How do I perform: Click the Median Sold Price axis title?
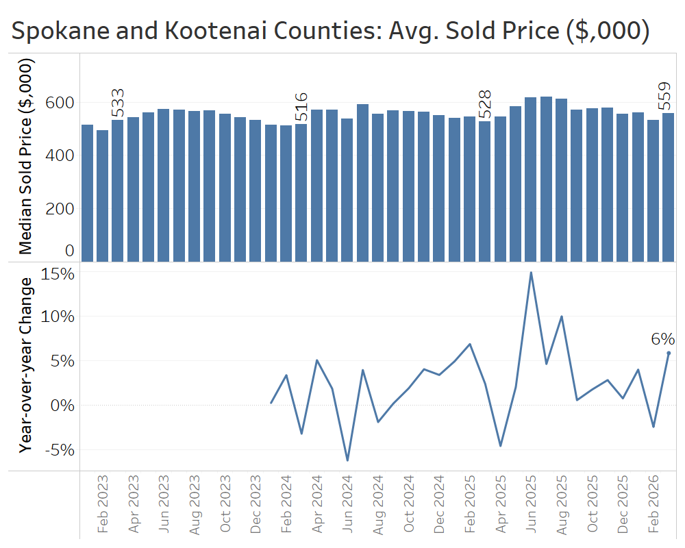(26, 158)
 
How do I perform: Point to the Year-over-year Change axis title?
(26, 364)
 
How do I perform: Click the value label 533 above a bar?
(118, 104)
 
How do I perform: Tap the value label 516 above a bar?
(301, 107)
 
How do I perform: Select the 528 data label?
(484, 105)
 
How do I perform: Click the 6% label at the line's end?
(662, 339)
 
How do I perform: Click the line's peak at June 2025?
(531, 273)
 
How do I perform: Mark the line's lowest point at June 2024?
(347, 460)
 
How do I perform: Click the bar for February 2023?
(103, 196)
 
